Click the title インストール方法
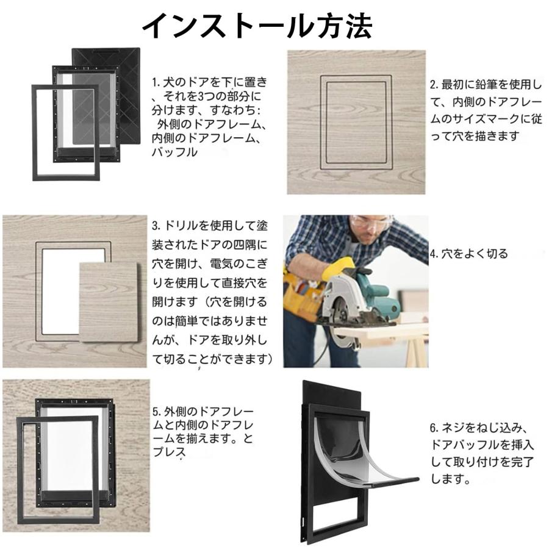pyautogui.click(x=256, y=25)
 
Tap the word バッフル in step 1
pyautogui.click(x=174, y=153)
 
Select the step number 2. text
pyautogui.click(x=434, y=85)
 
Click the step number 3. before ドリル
pyautogui.click(x=156, y=226)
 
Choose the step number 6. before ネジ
pyautogui.click(x=435, y=427)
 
